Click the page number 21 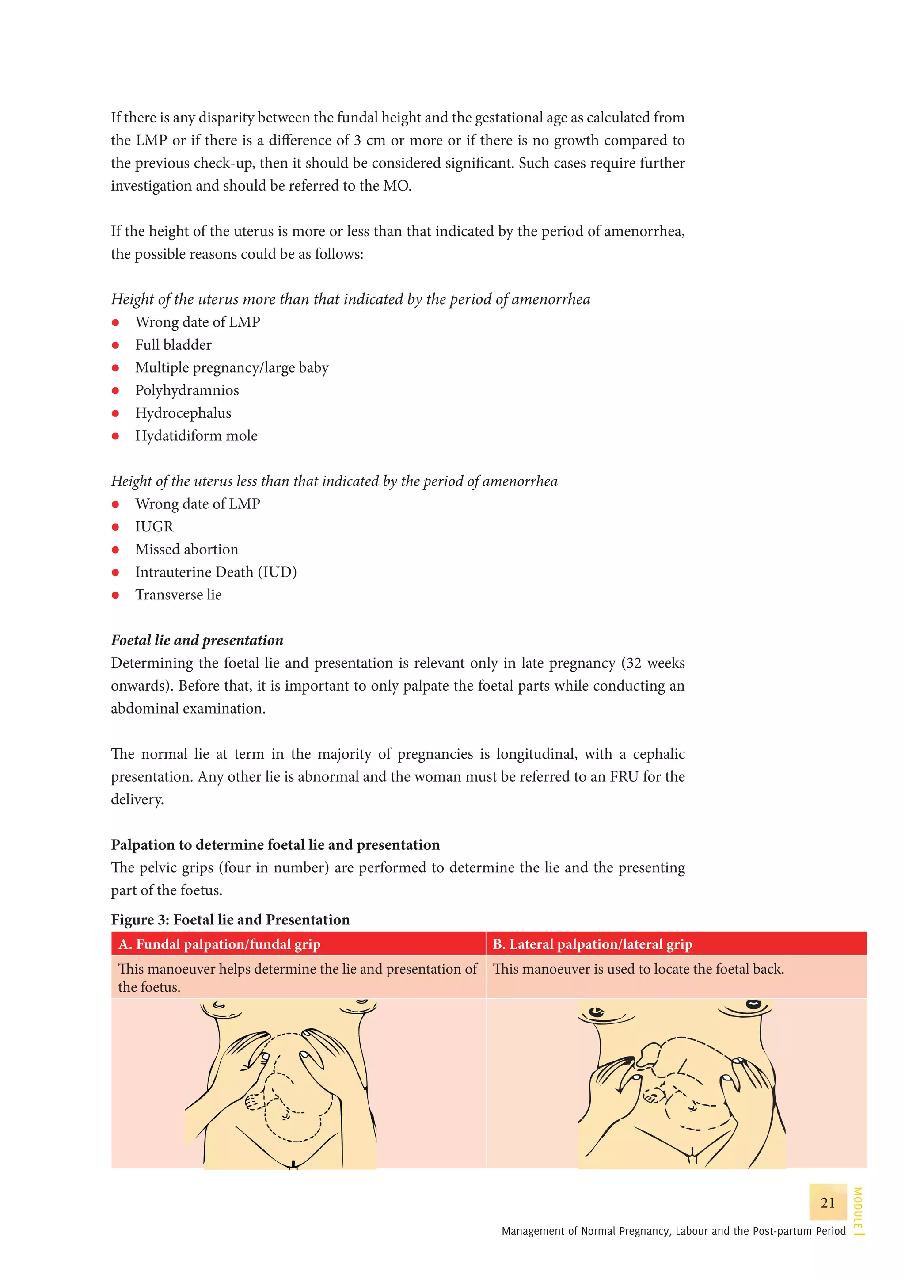828,1203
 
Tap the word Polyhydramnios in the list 186,390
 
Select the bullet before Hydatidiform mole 115,436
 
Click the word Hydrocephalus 183,413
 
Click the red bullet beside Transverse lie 115,595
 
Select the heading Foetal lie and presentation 197,640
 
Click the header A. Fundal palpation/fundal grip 220,944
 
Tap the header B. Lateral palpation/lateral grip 593,944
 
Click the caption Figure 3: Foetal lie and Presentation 230,920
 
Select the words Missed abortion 186,550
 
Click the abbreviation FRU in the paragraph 624,777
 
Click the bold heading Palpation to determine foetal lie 275,845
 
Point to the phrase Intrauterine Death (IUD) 216,572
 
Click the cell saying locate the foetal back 638,969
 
